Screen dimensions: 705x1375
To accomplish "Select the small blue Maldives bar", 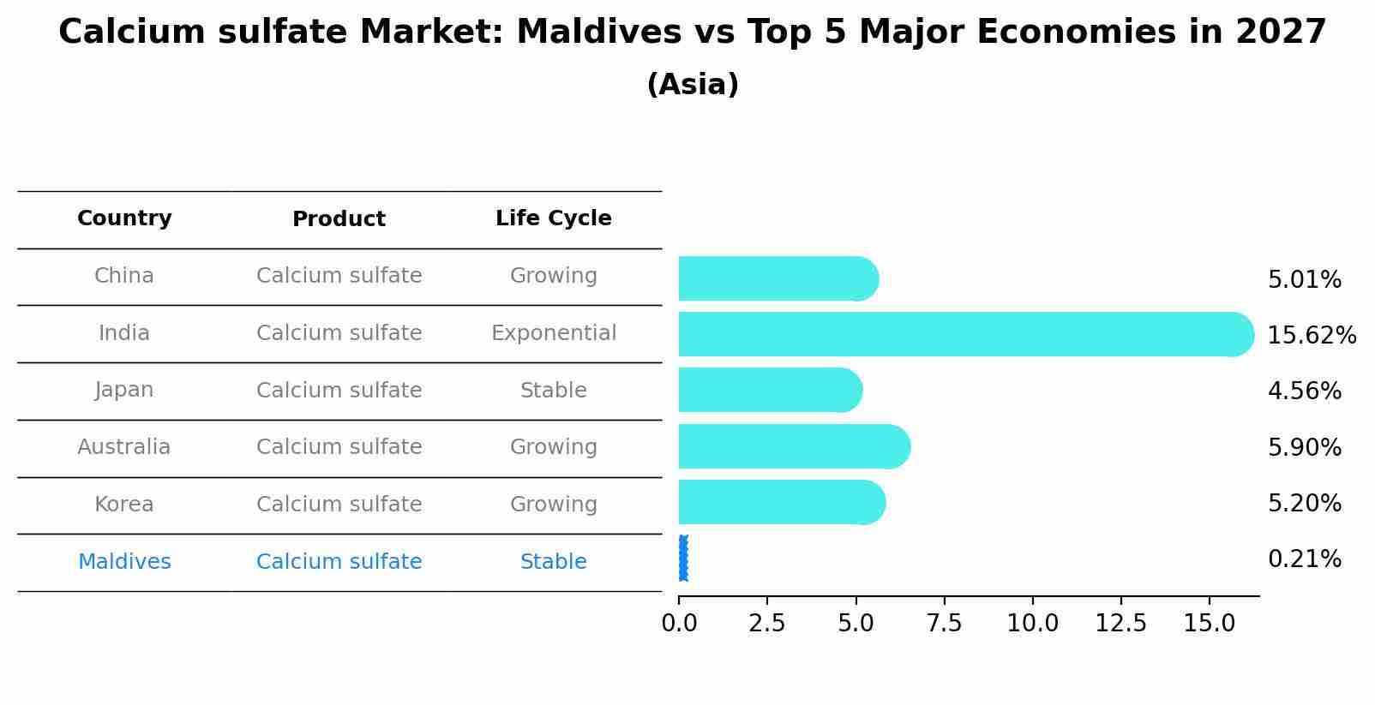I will [683, 559].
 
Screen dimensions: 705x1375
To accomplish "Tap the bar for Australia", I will [793, 446].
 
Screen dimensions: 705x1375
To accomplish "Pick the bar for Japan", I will [769, 390].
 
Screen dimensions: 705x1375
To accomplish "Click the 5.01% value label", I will [1304, 280].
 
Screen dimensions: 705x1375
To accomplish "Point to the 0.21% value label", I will [1304, 559].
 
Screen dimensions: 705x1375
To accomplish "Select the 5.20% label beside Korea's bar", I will [1304, 503].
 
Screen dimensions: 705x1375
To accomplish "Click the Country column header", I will [124, 218].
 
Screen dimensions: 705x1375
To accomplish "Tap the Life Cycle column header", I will [553, 218].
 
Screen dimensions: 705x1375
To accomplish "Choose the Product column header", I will [339, 219].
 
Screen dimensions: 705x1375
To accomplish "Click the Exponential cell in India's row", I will [553, 333].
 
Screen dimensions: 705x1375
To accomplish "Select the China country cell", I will [124, 276].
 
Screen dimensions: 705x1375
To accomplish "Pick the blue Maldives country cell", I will [124, 562].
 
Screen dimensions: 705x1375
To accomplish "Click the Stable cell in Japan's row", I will [553, 391].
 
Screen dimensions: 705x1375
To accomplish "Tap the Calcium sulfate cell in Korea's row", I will [339, 505].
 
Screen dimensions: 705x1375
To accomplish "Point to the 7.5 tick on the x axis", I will [944, 624].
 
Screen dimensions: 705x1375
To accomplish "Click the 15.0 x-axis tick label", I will [1209, 624].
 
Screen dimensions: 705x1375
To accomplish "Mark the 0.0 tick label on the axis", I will [679, 624].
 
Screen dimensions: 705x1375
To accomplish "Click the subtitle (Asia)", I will [693, 85].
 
